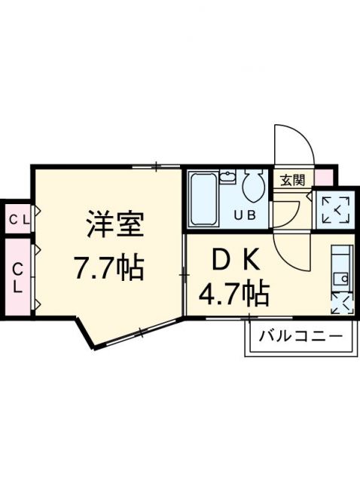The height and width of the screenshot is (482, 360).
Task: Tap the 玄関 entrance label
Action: (292, 180)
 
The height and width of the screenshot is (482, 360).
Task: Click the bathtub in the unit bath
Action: (202, 200)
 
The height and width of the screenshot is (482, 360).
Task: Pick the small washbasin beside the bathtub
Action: (228, 179)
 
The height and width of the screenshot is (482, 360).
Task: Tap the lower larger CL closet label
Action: (17, 276)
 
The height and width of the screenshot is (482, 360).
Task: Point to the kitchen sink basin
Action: (340, 278)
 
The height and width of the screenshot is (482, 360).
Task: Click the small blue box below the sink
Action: (340, 304)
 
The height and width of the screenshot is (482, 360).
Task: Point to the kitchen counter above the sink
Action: (340, 256)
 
